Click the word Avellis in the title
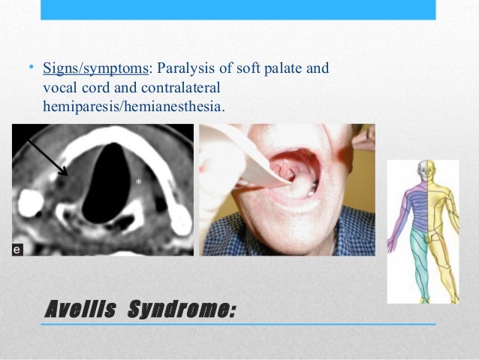click(x=79, y=308)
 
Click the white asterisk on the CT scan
click(x=137, y=183)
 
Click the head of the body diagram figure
click(x=425, y=170)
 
